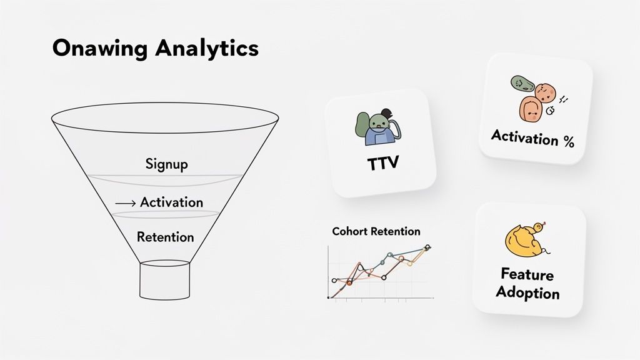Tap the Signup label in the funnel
[166, 164]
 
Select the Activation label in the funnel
[171, 202]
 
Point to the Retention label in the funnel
[165, 237]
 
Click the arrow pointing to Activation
[125, 203]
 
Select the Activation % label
[532, 138]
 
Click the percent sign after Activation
[567, 142]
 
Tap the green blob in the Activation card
[521, 86]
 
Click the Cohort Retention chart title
[376, 231]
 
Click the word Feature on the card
[527, 274]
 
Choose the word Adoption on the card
[527, 292]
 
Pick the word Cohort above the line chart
[350, 231]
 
